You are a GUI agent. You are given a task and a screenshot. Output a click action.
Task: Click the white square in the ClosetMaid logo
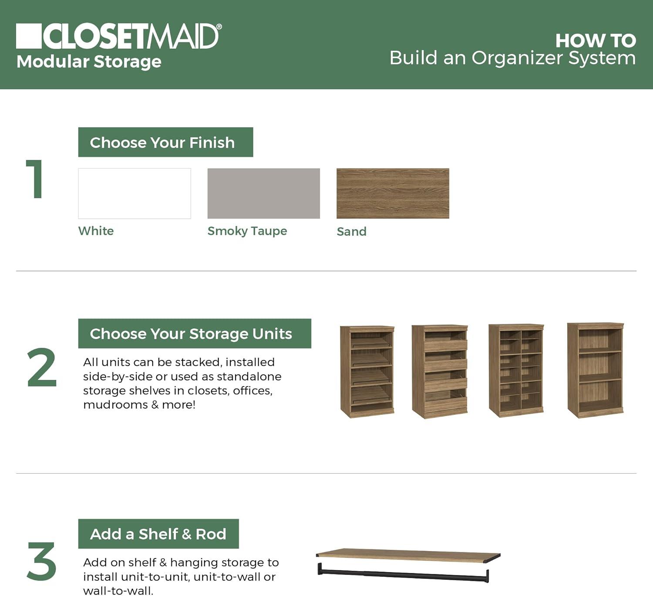29,36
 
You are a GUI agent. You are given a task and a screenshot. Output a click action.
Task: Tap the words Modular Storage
89,61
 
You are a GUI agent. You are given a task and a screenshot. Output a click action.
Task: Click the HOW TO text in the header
595,41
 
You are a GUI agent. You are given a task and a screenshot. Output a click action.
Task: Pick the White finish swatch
135,193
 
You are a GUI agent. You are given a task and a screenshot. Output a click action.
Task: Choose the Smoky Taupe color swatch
263,193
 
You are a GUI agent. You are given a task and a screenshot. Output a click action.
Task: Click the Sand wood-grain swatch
393,193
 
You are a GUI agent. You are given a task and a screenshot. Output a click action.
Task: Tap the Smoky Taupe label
247,231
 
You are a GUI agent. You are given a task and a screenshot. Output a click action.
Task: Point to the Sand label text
351,231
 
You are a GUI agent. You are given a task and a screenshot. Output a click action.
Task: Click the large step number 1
35,179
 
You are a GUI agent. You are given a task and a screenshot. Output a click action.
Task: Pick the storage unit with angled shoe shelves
367,372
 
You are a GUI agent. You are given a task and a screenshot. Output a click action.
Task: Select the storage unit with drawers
440,372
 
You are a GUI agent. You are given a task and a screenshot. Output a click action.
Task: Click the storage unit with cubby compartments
516,370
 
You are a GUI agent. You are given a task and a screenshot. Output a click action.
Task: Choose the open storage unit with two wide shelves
596,370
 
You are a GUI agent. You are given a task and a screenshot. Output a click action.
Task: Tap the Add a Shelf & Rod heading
158,534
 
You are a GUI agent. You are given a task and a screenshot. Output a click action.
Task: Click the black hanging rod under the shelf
403,574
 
